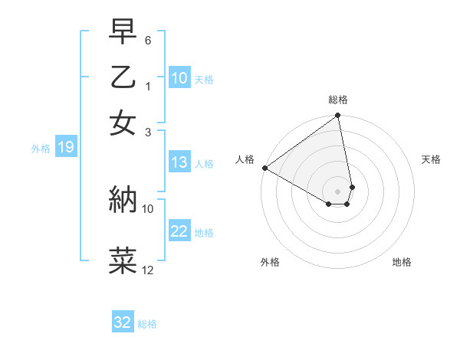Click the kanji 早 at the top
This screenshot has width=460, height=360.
coord(123,33)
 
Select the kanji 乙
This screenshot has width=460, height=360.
coord(123,77)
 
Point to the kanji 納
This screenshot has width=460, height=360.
coord(123,199)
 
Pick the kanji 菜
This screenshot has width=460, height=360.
coord(123,259)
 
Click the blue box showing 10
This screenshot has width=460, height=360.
coord(179,78)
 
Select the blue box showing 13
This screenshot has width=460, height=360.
coord(179,162)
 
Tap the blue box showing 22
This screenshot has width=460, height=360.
coord(179,231)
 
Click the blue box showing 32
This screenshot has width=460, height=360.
coord(123,322)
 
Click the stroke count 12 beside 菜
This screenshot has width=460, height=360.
coord(148,270)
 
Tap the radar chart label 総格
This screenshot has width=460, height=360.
coord(338,100)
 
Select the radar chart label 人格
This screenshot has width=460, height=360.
coord(245,159)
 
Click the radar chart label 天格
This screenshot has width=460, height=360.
coord(431,159)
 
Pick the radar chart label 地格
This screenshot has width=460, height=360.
coord(402,262)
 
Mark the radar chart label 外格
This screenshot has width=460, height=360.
coord(270,262)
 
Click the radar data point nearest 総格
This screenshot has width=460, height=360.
coord(337,116)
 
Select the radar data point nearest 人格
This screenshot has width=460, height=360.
coord(264,168)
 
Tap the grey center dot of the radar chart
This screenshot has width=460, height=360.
coord(337,191)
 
